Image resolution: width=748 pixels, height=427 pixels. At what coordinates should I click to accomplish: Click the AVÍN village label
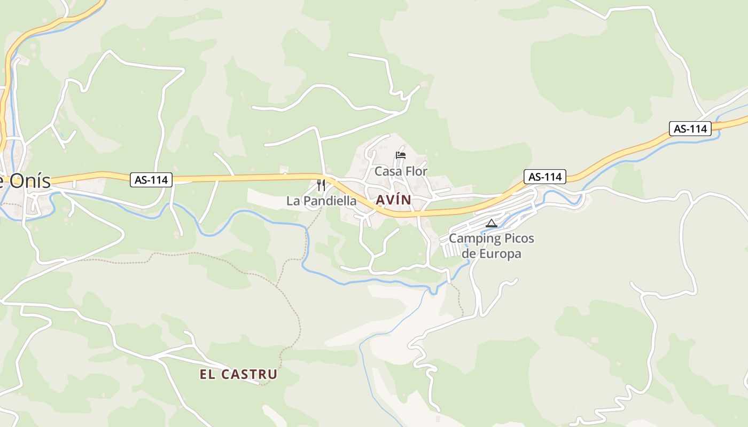click(393, 200)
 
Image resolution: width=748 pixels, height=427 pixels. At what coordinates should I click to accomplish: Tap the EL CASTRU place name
click(238, 374)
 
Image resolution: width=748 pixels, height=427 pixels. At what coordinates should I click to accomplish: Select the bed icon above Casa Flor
click(401, 155)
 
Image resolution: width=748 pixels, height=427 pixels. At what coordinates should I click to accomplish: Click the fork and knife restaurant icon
click(321, 185)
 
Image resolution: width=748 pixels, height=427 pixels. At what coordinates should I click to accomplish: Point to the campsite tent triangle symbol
click(492, 223)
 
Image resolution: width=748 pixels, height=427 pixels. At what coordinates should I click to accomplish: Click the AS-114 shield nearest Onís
click(151, 180)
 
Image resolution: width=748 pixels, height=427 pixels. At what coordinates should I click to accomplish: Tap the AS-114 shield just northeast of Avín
click(544, 177)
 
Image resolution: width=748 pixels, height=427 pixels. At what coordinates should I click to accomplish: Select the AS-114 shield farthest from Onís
click(690, 129)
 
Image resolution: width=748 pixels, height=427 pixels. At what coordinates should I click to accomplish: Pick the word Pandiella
click(330, 201)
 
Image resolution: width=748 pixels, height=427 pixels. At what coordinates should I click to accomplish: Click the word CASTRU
click(248, 374)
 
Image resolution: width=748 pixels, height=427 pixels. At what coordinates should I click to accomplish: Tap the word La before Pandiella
click(293, 201)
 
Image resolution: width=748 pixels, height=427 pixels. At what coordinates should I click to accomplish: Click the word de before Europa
click(468, 254)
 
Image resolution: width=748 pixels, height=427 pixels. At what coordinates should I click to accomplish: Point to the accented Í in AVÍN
click(396, 200)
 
